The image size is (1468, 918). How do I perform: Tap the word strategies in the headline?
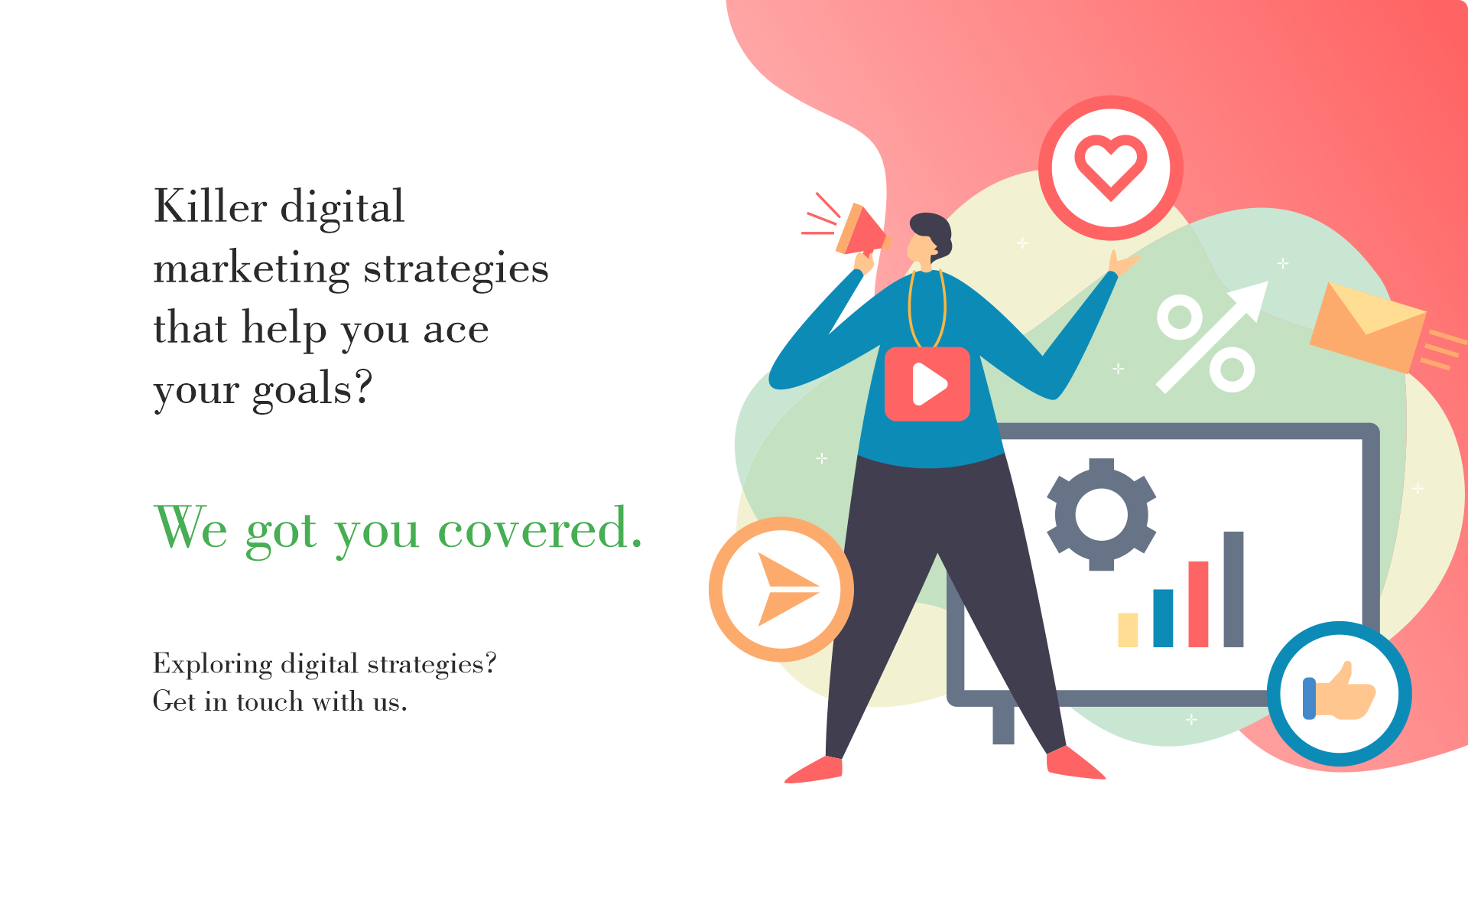pos(456,270)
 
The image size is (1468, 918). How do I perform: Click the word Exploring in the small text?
pos(213,664)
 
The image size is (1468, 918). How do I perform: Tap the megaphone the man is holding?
pos(862,229)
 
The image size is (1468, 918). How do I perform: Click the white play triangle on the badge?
pos(929,383)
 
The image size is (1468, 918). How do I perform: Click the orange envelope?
pos(1368,327)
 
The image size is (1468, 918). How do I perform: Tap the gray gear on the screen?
pos(1101,514)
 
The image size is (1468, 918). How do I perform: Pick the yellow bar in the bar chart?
pos(1128,630)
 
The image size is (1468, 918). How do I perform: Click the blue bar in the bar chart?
pos(1163,618)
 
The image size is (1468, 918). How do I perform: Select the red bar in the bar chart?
pos(1198,604)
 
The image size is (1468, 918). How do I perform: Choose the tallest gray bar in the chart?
pos(1233,589)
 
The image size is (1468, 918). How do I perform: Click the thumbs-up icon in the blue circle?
pos(1340,692)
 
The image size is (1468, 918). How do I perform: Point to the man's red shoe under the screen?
pos(1075,763)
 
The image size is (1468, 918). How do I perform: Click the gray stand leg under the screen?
pos(1003,724)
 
